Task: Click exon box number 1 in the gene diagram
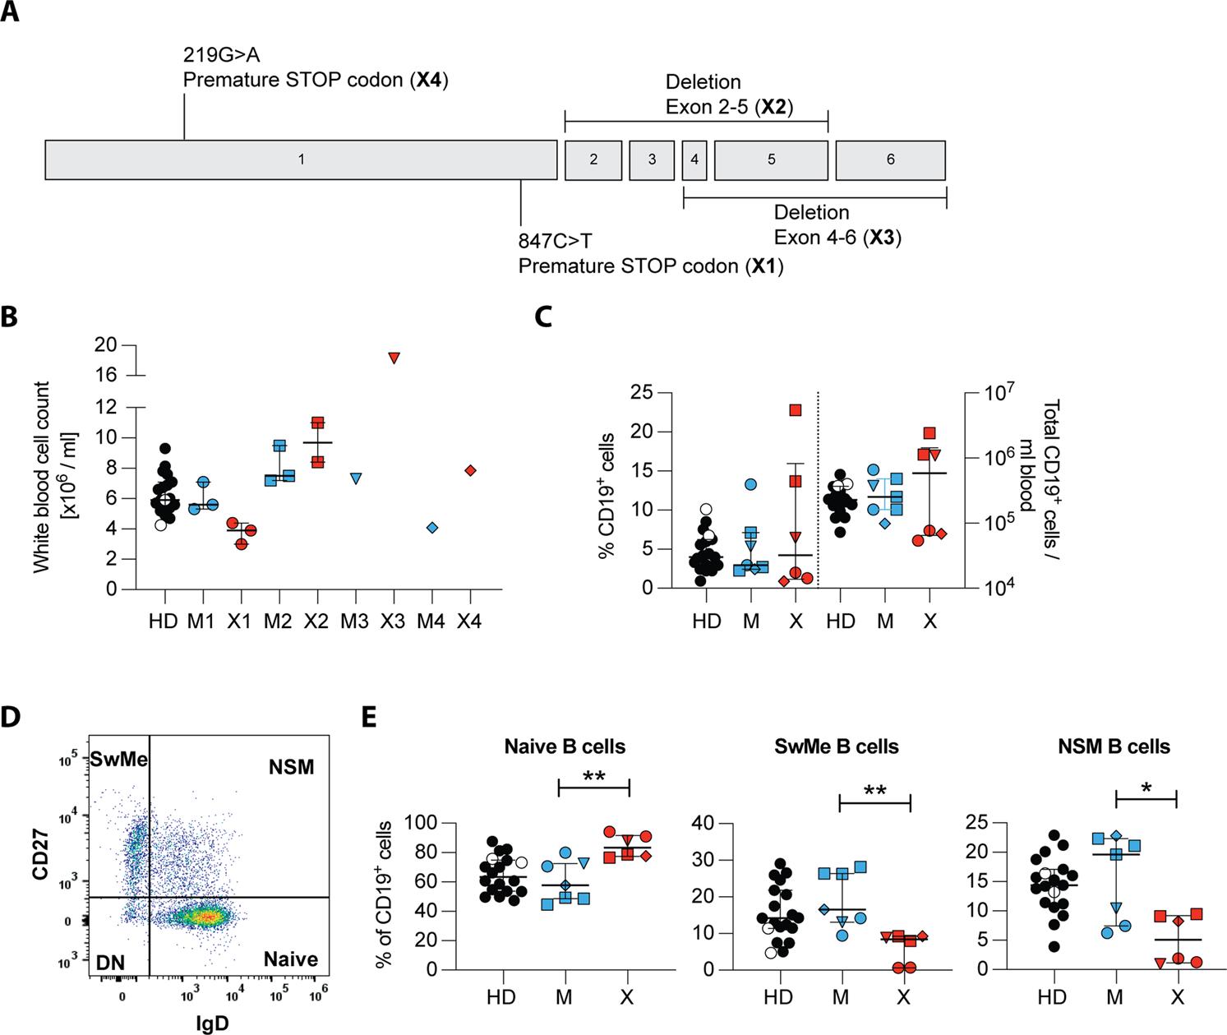tap(301, 159)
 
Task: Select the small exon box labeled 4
tap(694, 159)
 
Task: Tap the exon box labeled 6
tap(890, 159)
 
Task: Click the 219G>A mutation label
tap(222, 55)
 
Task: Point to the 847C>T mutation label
tap(555, 242)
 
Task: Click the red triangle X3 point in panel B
tap(394, 358)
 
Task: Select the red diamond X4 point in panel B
tap(470, 470)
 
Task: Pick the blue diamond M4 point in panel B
tap(432, 528)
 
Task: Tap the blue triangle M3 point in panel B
tap(355, 478)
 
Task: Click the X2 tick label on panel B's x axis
tap(316, 621)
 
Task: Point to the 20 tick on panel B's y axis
tap(105, 345)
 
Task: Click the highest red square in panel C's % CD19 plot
tap(795, 409)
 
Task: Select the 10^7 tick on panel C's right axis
tap(998, 393)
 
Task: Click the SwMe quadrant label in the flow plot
tap(118, 759)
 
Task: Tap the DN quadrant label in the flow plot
tap(108, 961)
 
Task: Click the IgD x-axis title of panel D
tap(211, 1023)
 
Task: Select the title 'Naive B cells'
tap(565, 746)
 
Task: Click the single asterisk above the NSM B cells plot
tap(1146, 788)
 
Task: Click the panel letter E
tap(370, 717)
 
